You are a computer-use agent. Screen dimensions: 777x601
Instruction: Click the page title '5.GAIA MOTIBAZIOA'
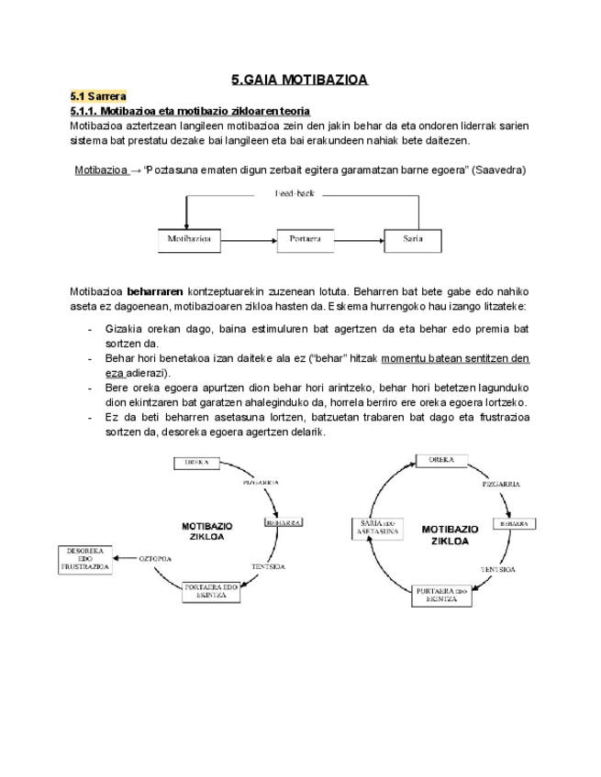click(x=299, y=80)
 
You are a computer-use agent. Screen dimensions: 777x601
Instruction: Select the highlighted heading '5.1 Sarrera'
click(x=98, y=96)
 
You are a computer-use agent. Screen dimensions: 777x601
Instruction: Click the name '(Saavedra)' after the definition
click(x=498, y=170)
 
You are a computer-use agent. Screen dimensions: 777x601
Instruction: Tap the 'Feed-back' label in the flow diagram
click(x=295, y=193)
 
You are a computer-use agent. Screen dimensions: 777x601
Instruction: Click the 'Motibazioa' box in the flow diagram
click(x=190, y=238)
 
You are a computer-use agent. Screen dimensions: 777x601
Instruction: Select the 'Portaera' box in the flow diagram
click(x=305, y=238)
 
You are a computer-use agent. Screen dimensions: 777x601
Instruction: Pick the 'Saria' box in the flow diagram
click(x=412, y=238)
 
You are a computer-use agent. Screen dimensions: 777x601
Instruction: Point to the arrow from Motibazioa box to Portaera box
click(x=249, y=239)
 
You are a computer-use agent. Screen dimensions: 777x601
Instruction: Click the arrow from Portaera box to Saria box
click(x=357, y=239)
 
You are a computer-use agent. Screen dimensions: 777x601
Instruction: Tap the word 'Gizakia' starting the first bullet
click(x=124, y=328)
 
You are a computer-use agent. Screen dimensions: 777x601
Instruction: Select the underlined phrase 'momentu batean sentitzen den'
click(x=454, y=358)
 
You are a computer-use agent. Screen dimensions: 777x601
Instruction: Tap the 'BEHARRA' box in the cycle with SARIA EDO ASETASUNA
click(x=513, y=524)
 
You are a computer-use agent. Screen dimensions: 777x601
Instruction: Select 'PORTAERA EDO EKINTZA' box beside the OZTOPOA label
click(x=212, y=591)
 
